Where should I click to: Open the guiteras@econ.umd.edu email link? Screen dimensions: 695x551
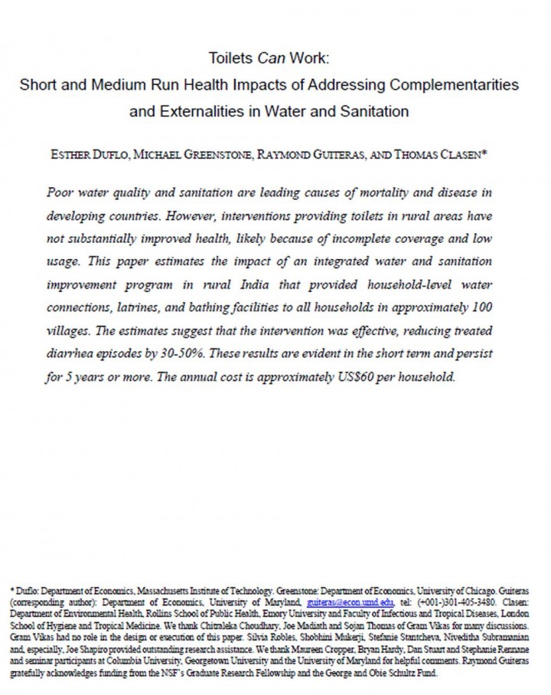coord(347,603)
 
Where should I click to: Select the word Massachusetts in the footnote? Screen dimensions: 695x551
coord(142,592)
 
